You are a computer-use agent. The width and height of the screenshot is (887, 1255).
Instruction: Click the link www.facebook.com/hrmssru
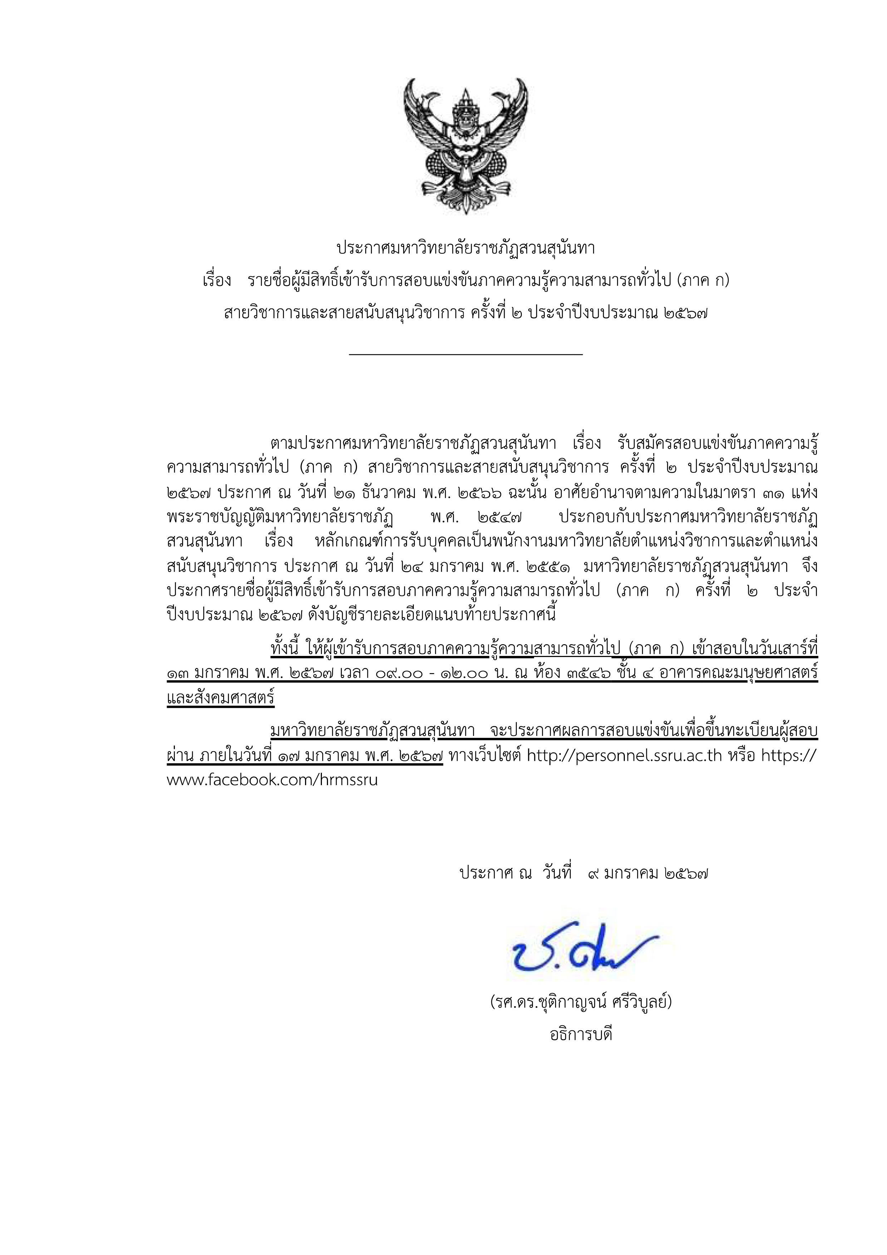272,780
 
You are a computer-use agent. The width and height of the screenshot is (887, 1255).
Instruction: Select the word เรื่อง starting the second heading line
216,282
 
